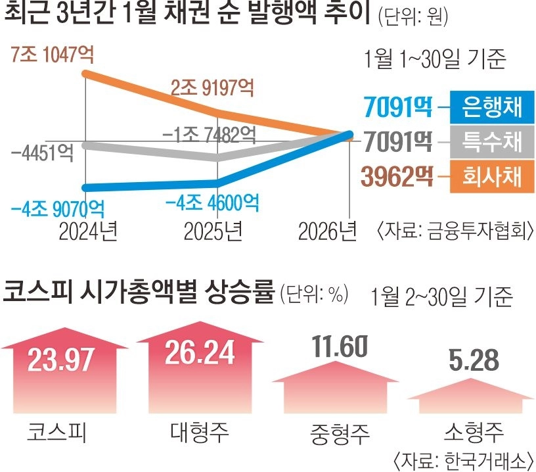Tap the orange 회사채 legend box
click(x=491, y=177)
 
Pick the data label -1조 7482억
click(x=209, y=135)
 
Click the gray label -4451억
click(x=41, y=153)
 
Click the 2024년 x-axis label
click(x=87, y=231)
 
